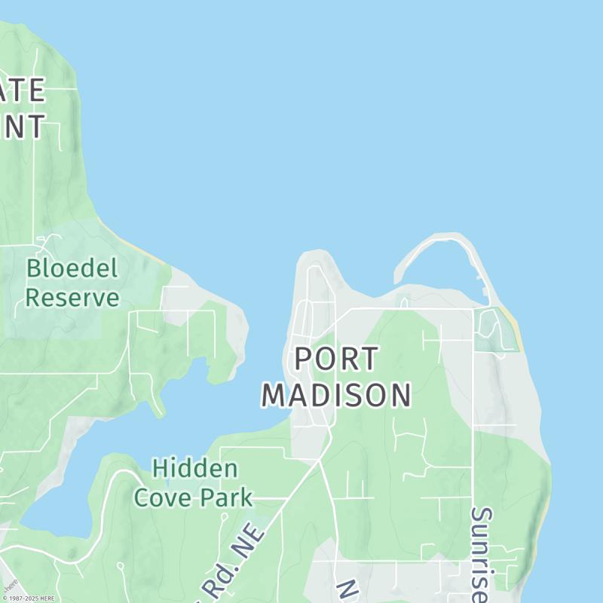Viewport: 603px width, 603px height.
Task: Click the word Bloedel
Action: [x=72, y=268]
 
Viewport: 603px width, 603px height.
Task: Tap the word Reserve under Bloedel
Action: [x=72, y=297]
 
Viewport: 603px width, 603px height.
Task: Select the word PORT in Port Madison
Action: [x=335, y=360]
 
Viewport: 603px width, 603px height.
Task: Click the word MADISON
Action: [x=337, y=395]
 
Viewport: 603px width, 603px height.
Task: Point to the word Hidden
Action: [x=195, y=469]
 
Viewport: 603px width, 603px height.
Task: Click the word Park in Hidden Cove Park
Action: [x=226, y=497]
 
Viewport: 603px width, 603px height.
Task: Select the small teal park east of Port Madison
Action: [x=494, y=332]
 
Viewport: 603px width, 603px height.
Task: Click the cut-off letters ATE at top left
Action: [x=23, y=91]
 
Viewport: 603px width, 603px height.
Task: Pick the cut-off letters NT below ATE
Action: [x=23, y=127]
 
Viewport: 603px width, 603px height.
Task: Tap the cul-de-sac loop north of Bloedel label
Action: [x=49, y=241]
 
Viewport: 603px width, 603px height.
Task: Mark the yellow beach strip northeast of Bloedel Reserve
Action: [x=139, y=249]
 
